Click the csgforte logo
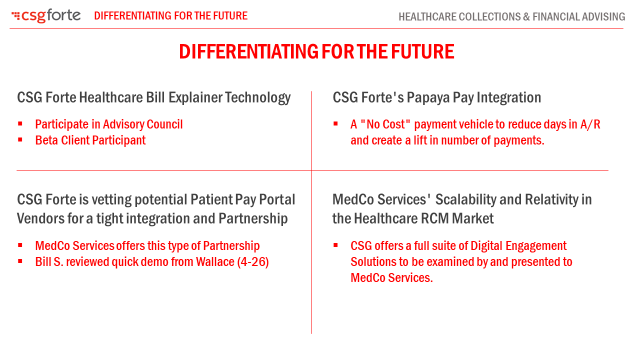pyautogui.click(x=46, y=16)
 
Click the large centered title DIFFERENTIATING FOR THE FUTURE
pyautogui.click(x=316, y=52)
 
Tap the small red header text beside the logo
pyautogui.click(x=170, y=16)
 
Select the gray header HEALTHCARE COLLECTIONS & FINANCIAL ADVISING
pyautogui.click(x=511, y=17)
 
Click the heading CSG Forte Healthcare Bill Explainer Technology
pyautogui.click(x=153, y=97)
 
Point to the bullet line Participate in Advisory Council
pyautogui.click(x=108, y=124)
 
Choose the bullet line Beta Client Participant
pyautogui.click(x=90, y=140)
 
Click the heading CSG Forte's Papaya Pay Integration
pyautogui.click(x=436, y=97)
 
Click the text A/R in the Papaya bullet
pyautogui.click(x=590, y=124)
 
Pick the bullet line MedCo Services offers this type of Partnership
pyautogui.click(x=147, y=246)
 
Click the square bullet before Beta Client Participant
pyautogui.click(x=20, y=140)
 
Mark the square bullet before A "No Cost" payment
pyautogui.click(x=335, y=124)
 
